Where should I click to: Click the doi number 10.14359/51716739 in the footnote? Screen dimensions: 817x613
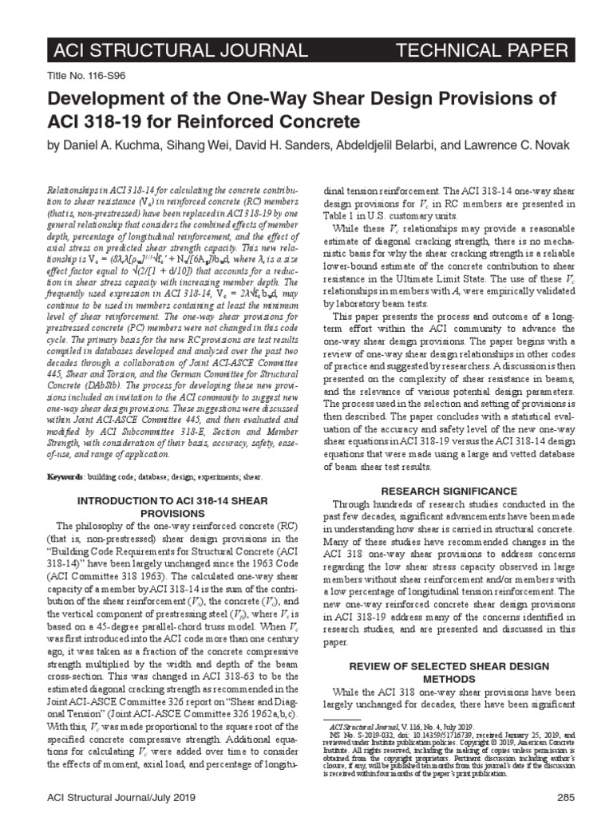[x=423, y=735]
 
